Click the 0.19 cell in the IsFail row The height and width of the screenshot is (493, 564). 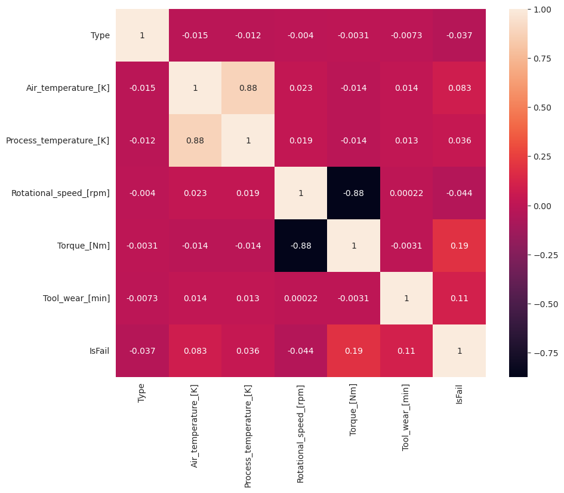(353, 351)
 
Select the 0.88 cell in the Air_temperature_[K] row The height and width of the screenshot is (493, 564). (248, 88)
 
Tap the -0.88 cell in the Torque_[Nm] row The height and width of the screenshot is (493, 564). (301, 246)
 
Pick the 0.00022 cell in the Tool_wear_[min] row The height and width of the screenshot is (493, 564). (301, 298)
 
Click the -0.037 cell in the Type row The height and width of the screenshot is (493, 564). (459, 35)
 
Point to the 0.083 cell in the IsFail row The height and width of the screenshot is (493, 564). (195, 351)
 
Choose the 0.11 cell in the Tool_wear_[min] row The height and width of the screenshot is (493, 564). (459, 298)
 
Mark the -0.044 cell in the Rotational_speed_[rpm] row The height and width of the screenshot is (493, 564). (459, 193)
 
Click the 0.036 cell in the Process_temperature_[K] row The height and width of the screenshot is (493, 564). (459, 140)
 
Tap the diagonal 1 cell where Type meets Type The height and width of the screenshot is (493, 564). (142, 35)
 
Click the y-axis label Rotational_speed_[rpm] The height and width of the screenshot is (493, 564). (60, 193)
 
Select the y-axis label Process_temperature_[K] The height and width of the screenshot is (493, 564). (57, 140)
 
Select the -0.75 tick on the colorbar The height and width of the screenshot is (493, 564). (542, 353)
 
